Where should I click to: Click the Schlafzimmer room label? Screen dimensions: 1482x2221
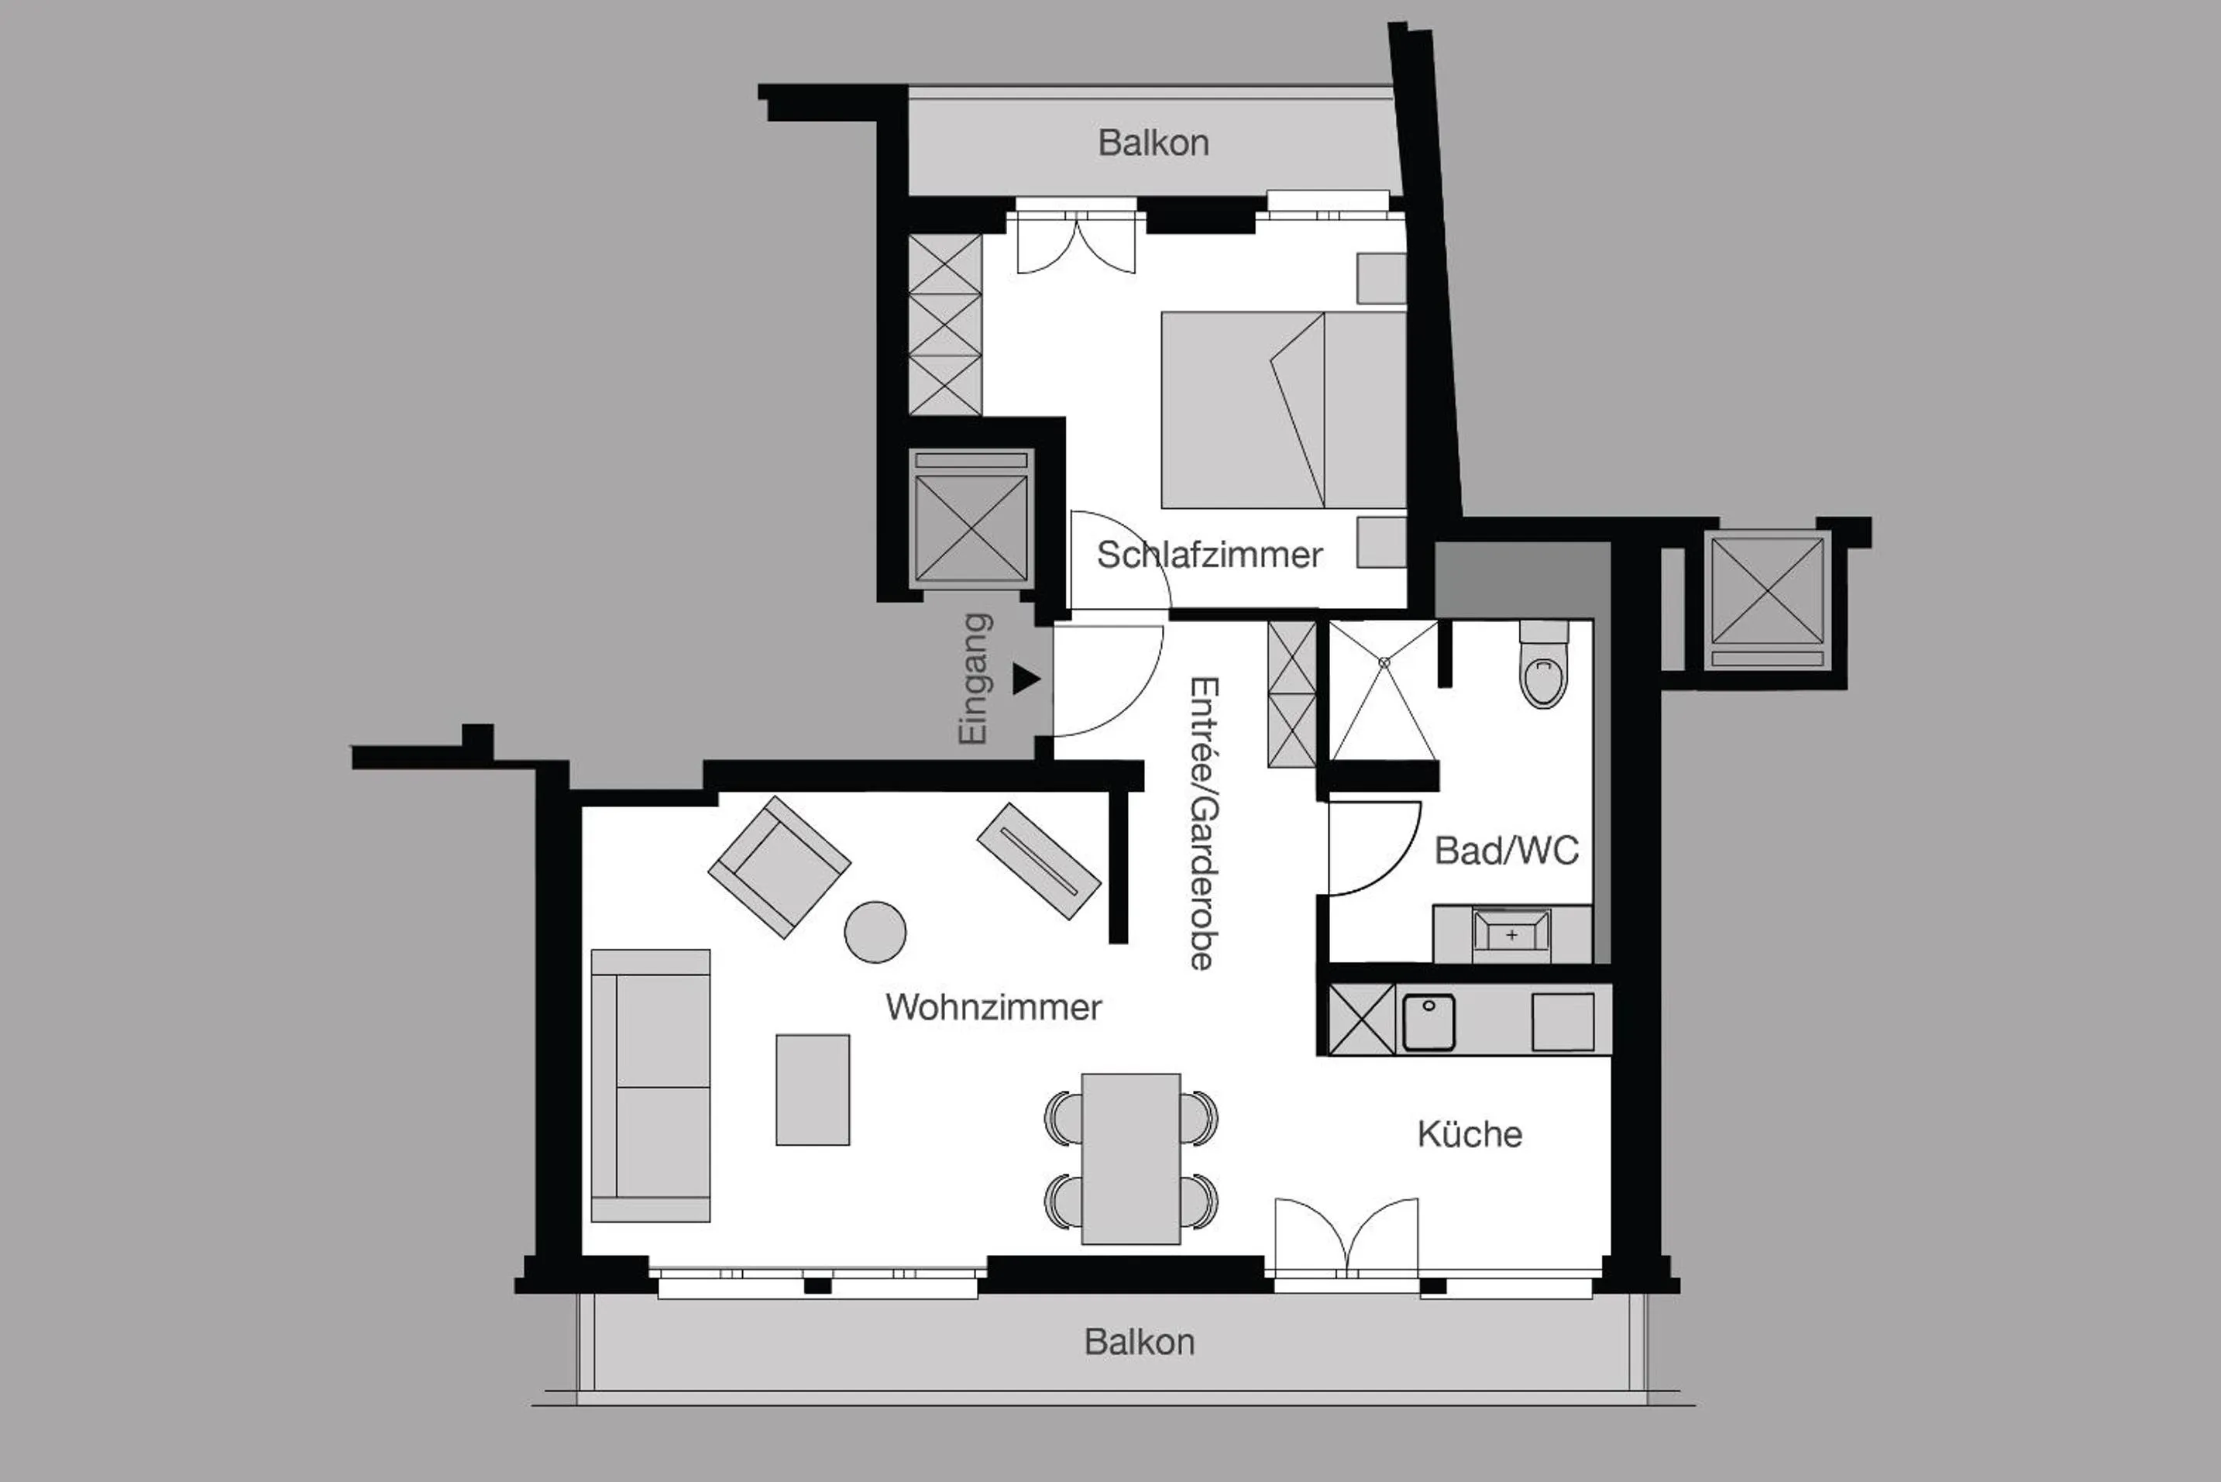click(x=1208, y=555)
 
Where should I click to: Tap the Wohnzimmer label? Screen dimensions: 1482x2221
click(x=993, y=1008)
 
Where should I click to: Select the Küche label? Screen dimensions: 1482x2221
click(x=1470, y=1134)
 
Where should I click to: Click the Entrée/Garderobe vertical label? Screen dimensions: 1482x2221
click(x=1203, y=822)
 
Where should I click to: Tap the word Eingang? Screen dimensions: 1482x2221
click(x=975, y=679)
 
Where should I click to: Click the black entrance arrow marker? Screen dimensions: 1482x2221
click(x=1026, y=679)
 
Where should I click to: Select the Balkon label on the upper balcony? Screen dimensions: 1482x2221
click(x=1153, y=143)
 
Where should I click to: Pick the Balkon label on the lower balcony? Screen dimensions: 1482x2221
click(x=1139, y=1342)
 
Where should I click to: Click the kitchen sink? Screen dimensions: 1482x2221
click(x=1428, y=1022)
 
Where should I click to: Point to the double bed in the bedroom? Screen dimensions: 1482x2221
click(x=1284, y=410)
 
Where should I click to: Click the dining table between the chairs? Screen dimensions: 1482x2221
click(x=1130, y=1158)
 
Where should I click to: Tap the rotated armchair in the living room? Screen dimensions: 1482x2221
click(x=779, y=867)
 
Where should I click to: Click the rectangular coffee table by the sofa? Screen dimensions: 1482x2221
click(x=813, y=1090)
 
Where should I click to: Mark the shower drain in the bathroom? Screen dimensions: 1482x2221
click(x=1384, y=663)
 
